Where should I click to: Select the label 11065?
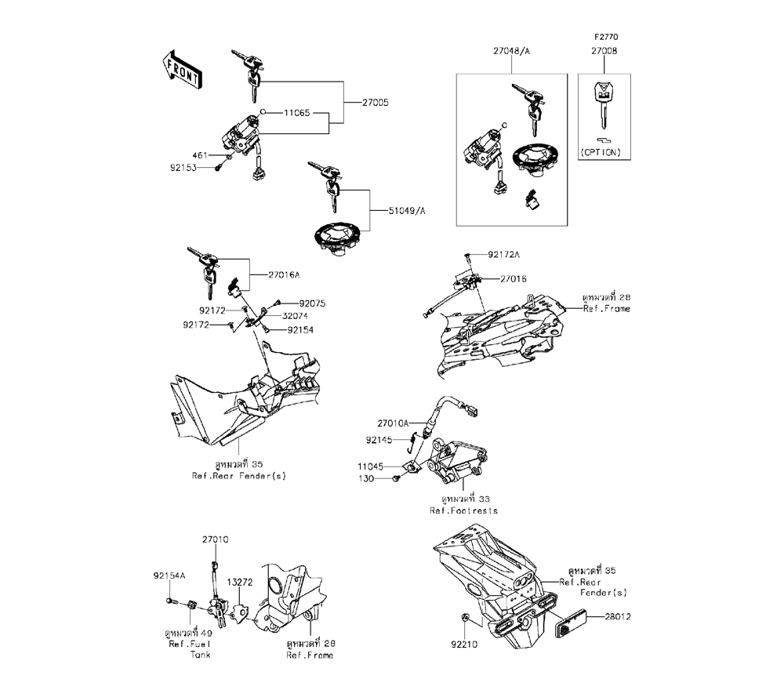pos(297,113)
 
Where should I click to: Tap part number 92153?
pos(201,167)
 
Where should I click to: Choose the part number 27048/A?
pos(512,51)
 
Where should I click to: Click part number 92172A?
pos(504,255)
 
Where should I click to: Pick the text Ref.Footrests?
pos(463,510)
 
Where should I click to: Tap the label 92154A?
pos(169,576)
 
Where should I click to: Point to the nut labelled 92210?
pos(464,619)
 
